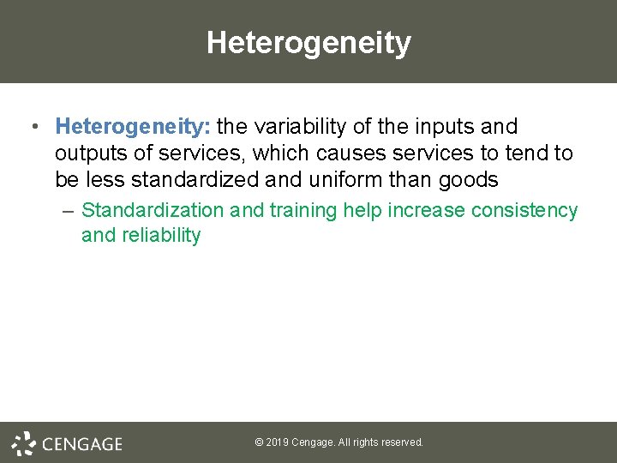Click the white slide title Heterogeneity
[308, 42]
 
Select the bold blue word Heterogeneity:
[133, 127]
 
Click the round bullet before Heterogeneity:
[33, 128]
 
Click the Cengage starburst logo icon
[23, 442]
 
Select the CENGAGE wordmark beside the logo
[81, 443]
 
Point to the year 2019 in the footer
[277, 442]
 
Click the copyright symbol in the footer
[259, 442]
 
